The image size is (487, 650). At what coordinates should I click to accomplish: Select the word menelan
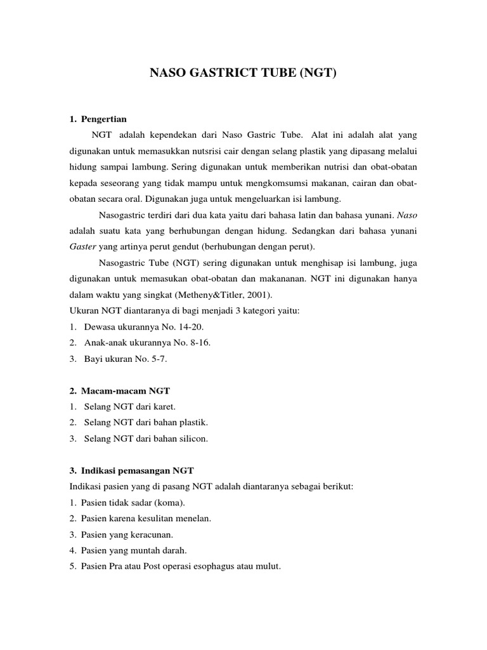coord(194,519)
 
